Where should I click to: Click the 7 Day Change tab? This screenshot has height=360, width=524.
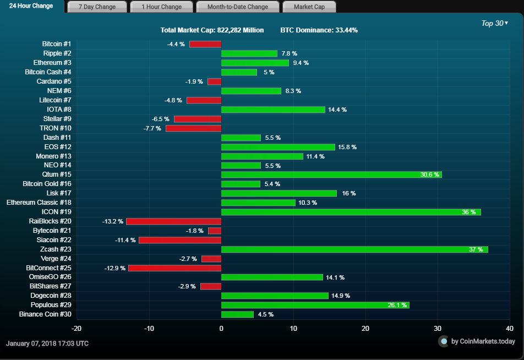[x=97, y=7]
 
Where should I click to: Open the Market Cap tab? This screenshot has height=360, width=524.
[x=309, y=7]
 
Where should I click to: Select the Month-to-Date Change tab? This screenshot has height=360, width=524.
[x=238, y=7]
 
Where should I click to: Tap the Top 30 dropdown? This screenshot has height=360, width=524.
[x=494, y=23]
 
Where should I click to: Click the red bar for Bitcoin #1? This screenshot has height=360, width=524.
[x=205, y=44]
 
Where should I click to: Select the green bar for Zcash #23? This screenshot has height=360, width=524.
[x=354, y=249]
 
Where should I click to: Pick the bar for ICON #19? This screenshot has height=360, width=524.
[x=351, y=212]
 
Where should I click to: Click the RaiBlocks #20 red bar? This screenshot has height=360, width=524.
[x=173, y=221]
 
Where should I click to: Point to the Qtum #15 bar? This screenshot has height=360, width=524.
[x=331, y=174]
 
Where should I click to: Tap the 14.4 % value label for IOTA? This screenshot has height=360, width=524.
[x=337, y=110]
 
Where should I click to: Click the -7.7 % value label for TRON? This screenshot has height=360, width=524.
[x=152, y=128]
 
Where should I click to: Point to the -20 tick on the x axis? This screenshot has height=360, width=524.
[x=77, y=329]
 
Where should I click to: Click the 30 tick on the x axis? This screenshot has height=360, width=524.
[x=438, y=329]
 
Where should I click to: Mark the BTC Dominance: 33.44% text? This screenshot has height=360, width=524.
[x=319, y=30]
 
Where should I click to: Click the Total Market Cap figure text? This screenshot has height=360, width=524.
[x=212, y=30]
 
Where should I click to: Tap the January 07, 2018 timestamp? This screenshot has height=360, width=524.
[x=47, y=343]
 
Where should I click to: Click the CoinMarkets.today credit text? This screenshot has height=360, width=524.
[x=483, y=341]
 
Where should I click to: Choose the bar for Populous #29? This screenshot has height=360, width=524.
[x=315, y=305]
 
